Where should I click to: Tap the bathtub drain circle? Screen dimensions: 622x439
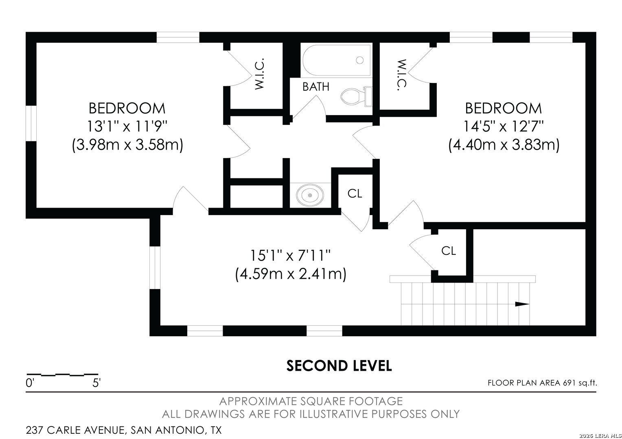[x=359, y=60]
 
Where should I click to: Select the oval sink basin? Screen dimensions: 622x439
[x=310, y=195]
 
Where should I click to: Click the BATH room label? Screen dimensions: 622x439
[x=316, y=87]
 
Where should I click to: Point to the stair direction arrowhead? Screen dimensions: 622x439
[x=522, y=304]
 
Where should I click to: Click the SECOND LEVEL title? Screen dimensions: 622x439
[x=339, y=366]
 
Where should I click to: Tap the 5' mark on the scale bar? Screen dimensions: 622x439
[x=96, y=383]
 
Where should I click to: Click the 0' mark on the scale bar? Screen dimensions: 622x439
[x=30, y=383]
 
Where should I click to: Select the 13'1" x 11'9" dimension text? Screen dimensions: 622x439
[x=127, y=126]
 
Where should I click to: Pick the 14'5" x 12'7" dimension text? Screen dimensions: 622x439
[x=504, y=126]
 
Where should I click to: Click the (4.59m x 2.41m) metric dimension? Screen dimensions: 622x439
[x=291, y=274]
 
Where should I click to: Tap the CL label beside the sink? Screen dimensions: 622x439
[x=355, y=193]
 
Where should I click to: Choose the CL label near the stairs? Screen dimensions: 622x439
[x=449, y=251]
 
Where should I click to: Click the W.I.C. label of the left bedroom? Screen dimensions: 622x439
[x=260, y=74]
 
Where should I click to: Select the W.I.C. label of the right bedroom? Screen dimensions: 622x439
[x=402, y=75]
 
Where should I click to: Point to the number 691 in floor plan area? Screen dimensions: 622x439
[x=569, y=383]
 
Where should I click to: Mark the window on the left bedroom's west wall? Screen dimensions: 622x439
[x=31, y=123]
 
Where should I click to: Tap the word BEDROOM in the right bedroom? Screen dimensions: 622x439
[x=504, y=108]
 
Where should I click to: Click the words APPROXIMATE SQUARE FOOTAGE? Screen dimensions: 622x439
[x=311, y=401]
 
